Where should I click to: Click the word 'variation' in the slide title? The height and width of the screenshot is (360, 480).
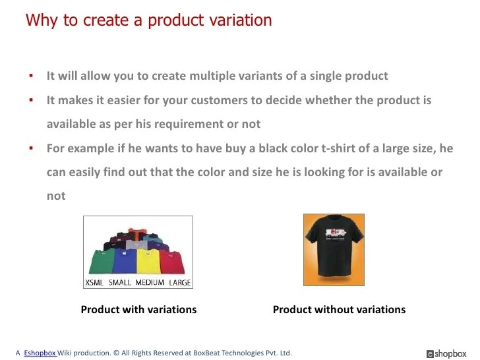pyautogui.click(x=241, y=20)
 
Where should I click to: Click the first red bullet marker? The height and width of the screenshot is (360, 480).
pyautogui.click(x=31, y=76)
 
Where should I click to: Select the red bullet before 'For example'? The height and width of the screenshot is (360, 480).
pyautogui.click(x=31, y=148)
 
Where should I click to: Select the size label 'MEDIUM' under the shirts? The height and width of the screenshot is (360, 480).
pyautogui.click(x=150, y=283)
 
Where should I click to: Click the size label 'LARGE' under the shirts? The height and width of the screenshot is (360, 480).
pyautogui.click(x=179, y=283)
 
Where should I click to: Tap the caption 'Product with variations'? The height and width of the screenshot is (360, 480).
pyautogui.click(x=138, y=309)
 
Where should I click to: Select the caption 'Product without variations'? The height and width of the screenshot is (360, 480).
pyautogui.click(x=339, y=309)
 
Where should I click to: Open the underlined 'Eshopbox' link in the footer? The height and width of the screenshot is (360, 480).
pyautogui.click(x=40, y=353)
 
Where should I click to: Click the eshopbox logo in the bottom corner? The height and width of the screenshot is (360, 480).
pyautogui.click(x=446, y=353)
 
